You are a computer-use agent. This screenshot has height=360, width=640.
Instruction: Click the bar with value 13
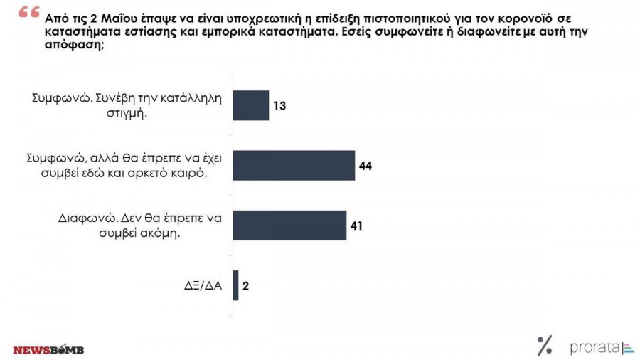point(251,105)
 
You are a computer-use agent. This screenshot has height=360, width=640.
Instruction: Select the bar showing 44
point(294,165)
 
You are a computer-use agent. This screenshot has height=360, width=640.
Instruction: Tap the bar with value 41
point(289,225)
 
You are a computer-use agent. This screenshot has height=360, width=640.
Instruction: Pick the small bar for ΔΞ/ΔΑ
point(235,285)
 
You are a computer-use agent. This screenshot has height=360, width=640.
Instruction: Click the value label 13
point(279,105)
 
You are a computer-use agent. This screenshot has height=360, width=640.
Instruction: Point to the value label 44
point(366,166)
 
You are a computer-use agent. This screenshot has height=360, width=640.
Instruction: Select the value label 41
point(357,226)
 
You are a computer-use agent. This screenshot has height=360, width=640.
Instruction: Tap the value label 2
point(246,286)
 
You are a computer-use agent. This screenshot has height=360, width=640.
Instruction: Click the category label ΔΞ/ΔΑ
point(203,286)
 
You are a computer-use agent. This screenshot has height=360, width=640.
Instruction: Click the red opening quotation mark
point(29,15)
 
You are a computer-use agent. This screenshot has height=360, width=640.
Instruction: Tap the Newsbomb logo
point(48,349)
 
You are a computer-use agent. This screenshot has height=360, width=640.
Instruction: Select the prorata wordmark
point(594,348)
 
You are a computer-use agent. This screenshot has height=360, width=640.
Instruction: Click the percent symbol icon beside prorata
point(545,346)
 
